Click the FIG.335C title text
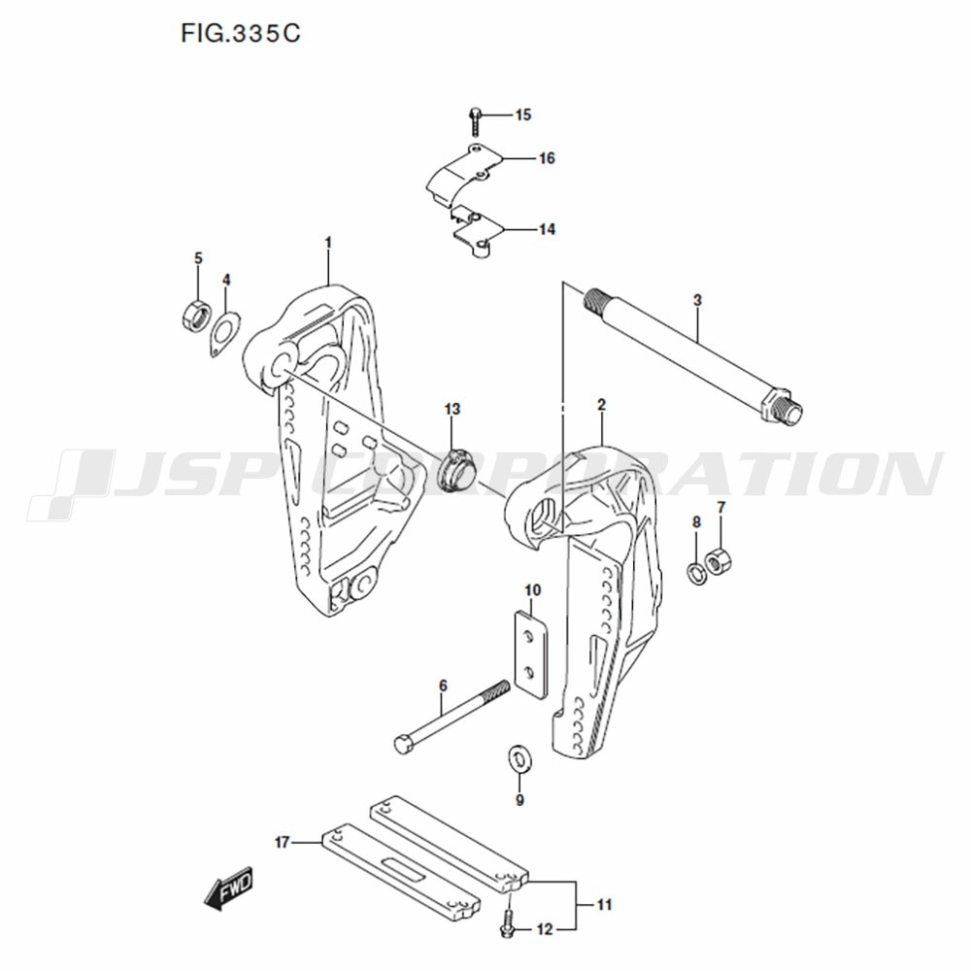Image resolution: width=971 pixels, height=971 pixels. [240, 33]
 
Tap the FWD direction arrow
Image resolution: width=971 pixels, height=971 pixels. [228, 888]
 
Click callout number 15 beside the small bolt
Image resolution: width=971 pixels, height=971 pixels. [523, 116]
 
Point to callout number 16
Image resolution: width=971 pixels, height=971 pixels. [547, 158]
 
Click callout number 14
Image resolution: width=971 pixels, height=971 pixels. [547, 230]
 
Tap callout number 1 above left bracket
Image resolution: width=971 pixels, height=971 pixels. [328, 243]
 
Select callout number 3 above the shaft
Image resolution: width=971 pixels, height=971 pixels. [697, 301]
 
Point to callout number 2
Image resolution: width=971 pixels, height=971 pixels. [601, 406]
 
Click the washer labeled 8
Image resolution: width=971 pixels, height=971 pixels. [696, 574]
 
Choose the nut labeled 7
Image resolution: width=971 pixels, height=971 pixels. [720, 560]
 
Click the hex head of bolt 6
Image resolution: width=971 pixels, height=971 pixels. [403, 744]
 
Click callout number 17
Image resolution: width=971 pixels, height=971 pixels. [283, 843]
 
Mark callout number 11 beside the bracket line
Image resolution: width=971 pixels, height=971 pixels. [604, 905]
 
